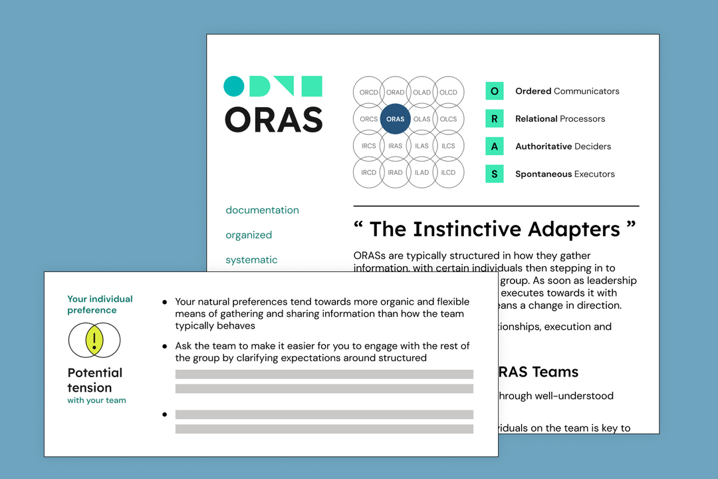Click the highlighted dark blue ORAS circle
[395, 119]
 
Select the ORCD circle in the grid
[368, 92]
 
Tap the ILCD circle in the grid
[448, 172]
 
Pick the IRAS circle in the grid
[395, 146]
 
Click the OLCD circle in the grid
[448, 92]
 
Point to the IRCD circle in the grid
[368, 172]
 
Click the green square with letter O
[494, 91]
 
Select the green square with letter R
[494, 119]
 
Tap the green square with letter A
[494, 146]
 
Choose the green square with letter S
[494, 174]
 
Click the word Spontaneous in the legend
[543, 174]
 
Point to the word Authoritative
[543, 146]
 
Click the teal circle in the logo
[234, 86]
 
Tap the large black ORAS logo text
[273, 120]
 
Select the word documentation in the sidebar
[262, 210]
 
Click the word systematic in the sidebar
[251, 260]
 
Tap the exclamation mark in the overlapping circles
[94, 340]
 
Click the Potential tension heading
[94, 380]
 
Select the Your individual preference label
[100, 304]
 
